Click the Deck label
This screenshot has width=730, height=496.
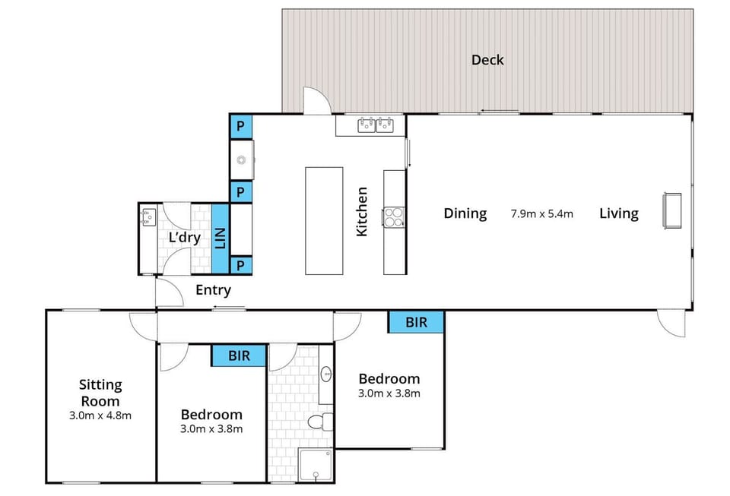pyautogui.click(x=487, y=60)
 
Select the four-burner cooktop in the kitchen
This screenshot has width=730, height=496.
pyautogui.click(x=394, y=217)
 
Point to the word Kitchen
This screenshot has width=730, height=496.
pyautogui.click(x=363, y=211)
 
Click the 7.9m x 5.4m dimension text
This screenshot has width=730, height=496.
pyautogui.click(x=541, y=213)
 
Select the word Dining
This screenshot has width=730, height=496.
pyautogui.click(x=465, y=213)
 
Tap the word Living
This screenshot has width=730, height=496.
pyautogui.click(x=618, y=213)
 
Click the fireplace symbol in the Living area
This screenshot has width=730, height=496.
pyautogui.click(x=672, y=210)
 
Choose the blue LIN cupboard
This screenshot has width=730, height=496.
pyautogui.click(x=221, y=239)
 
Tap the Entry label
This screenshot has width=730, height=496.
pyautogui.click(x=213, y=289)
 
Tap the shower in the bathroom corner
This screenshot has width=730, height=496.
pyautogui.click(x=316, y=464)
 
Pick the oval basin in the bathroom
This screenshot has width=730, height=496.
pyautogui.click(x=326, y=374)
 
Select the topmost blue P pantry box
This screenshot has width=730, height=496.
pyautogui.click(x=240, y=126)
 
